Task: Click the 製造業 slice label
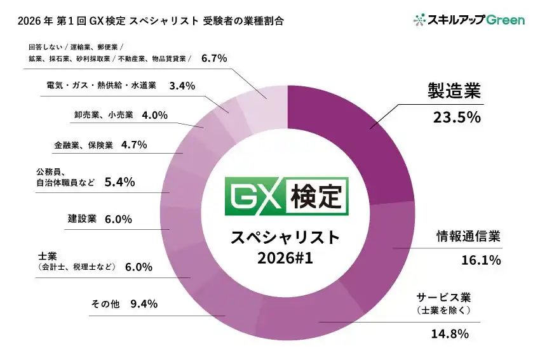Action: pos(455,92)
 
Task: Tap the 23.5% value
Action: pos(455,117)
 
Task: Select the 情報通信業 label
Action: pos(468,236)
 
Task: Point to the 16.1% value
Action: pos(480,259)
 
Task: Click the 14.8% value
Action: pos(450,333)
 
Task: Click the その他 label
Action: pos(105,303)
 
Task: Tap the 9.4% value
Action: pos(144,303)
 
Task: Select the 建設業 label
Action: pos(82,219)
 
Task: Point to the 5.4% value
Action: pos(119,182)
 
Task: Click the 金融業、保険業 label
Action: pos(83,145)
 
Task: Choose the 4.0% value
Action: pos(154,115)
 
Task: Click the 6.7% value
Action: pos(214,58)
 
